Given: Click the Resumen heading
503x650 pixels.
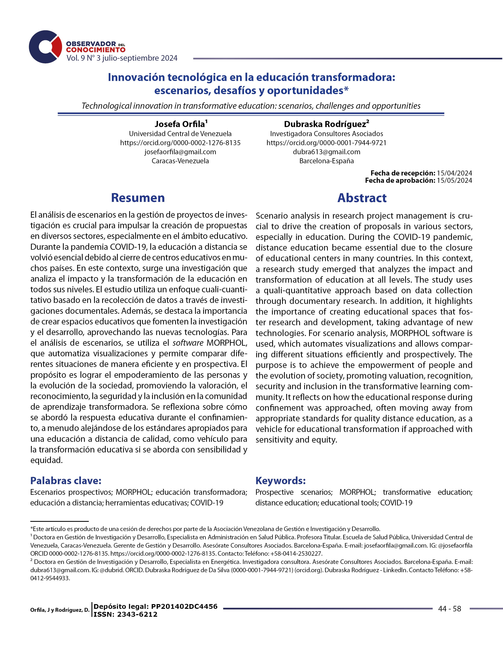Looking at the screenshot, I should (x=138, y=198).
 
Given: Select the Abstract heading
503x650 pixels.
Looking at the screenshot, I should (x=362, y=198).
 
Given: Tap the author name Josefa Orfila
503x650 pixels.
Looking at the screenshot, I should (x=180, y=124).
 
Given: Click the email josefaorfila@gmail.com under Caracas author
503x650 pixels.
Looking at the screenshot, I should (x=180, y=152).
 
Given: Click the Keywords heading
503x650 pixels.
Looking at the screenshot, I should (x=280, y=481).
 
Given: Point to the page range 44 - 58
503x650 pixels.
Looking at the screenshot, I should (x=449, y=609).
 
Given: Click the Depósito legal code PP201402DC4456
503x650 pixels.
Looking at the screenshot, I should (x=184, y=606).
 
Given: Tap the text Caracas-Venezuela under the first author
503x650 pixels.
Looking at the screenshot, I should (x=180, y=161).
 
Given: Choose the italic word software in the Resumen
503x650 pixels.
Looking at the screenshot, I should (x=188, y=343).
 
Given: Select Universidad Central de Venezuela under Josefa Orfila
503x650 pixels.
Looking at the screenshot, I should (x=180, y=134).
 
